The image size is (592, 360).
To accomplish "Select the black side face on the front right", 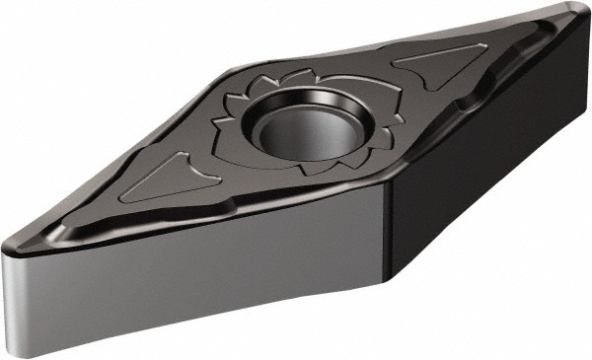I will (483, 168).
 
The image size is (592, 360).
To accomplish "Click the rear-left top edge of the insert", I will (118, 158).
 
